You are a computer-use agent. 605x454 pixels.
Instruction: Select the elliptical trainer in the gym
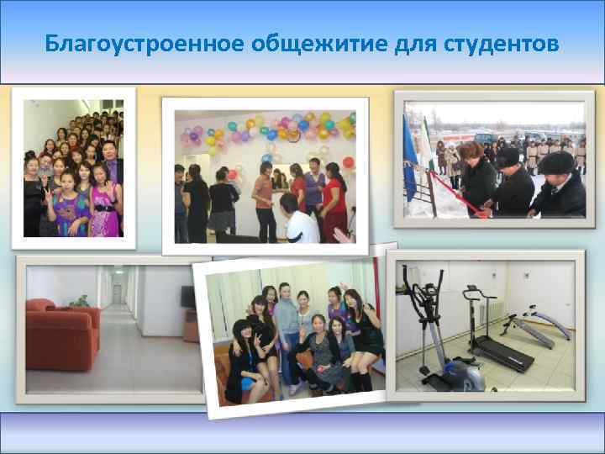(x=437, y=336)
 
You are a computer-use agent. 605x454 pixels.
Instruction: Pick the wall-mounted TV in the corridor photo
(x=187, y=296)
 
